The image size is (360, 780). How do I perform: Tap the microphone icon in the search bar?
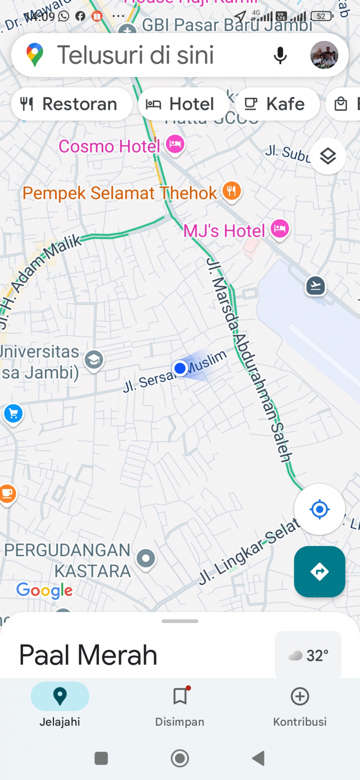pos(280,55)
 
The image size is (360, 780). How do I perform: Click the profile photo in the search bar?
pos(324,55)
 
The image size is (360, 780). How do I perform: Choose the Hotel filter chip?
pos(182,104)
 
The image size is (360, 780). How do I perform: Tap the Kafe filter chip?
pos(276,104)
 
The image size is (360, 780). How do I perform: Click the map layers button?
pos(328,156)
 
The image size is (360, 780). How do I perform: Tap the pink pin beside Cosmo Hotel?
pos(175,144)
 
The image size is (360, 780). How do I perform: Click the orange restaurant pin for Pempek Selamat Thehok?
pos(232,191)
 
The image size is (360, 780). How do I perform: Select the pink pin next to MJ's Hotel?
pos(280,229)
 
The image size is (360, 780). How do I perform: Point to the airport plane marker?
pos(315,285)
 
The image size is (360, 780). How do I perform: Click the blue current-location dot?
pos(180,368)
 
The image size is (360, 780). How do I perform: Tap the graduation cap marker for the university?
pos(94,360)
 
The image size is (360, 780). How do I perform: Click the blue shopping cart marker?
pos(13,413)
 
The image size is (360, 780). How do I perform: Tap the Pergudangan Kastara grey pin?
pos(146,559)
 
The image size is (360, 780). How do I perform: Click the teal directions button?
pos(319,572)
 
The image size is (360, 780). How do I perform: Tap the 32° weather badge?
pos(308,655)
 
